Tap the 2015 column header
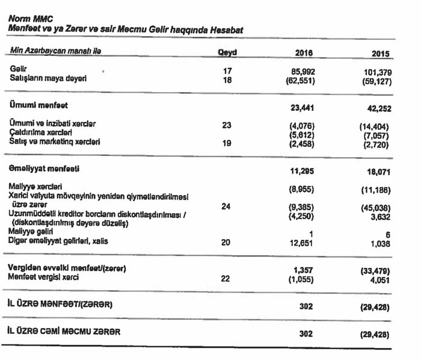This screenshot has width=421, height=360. [380, 54]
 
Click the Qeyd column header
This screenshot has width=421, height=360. [227, 52]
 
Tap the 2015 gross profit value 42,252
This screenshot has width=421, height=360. [378, 110]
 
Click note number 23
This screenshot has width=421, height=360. [227, 125]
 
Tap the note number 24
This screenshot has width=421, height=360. [226, 206]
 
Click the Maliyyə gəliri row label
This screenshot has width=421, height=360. [32, 231]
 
